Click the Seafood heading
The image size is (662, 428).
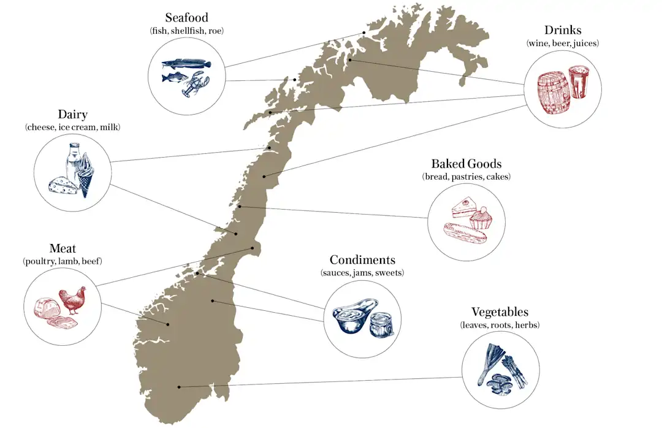pyautogui.click(x=186, y=17)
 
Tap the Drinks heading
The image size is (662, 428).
pyautogui.click(x=563, y=30)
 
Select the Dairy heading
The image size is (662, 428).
pyautogui.click(x=72, y=115)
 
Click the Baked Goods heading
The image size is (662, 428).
pyautogui.click(x=466, y=164)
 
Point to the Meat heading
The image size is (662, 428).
pyautogui.click(x=63, y=248)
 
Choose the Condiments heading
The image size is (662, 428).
pyautogui.click(x=362, y=260)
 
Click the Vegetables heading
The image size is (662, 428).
pyautogui.click(x=500, y=312)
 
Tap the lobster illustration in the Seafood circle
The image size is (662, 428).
pyautogui.click(x=196, y=84)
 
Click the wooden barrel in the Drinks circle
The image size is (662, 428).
pyautogui.click(x=553, y=92)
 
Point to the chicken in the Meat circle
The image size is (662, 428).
pyautogui.click(x=72, y=300)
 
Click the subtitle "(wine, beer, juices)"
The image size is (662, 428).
pyautogui.click(x=563, y=44)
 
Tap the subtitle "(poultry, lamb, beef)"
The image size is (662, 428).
pyautogui.click(x=63, y=261)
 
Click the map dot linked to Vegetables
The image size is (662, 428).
pyautogui.click(x=179, y=386)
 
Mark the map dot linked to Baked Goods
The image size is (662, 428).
pyautogui.click(x=240, y=207)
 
